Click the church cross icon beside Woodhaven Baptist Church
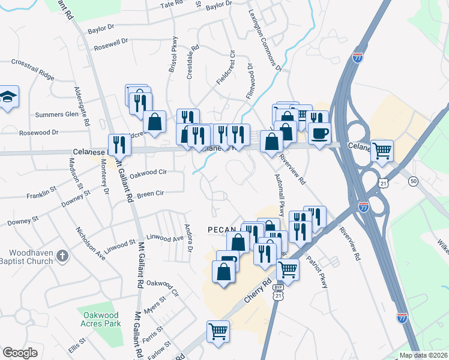62,257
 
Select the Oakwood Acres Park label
100,319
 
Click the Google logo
20,353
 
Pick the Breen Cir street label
150,194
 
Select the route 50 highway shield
413,181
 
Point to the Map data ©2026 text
423,355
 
